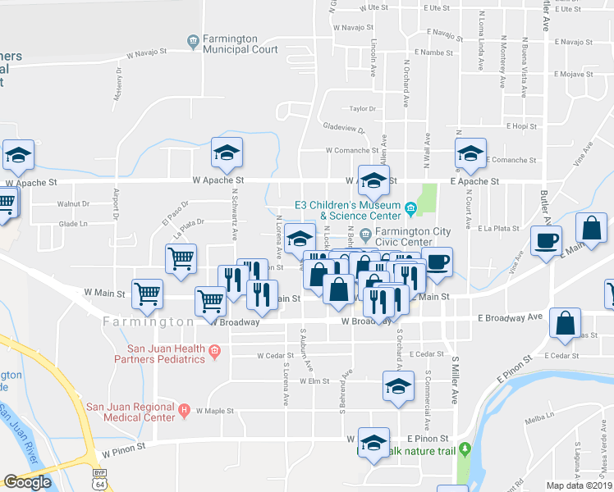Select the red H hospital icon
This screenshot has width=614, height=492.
coord(184,410)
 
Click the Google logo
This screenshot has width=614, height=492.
coord(27,482)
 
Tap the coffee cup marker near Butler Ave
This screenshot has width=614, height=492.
coord(546,241)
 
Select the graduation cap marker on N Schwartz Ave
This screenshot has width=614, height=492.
coord(227,152)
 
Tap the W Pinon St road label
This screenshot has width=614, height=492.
coord(123,448)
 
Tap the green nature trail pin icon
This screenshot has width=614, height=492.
coord(464,449)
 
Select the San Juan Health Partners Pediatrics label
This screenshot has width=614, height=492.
coord(146,353)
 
